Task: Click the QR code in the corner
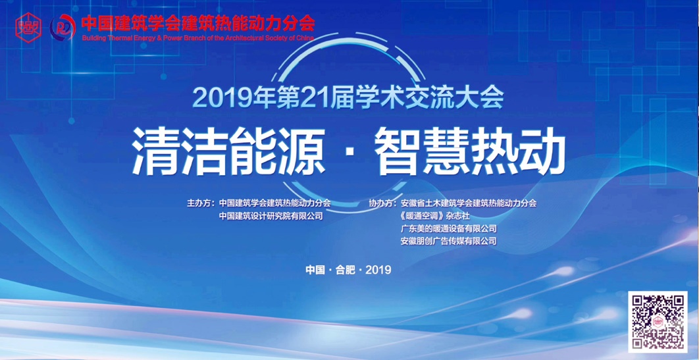[658, 321]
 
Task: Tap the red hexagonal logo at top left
[28, 27]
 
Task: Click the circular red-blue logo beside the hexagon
[63, 27]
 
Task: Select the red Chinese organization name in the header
[197, 24]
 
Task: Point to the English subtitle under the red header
[197, 38]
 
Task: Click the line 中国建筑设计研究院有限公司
[271, 216]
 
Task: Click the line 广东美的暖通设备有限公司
[448, 228]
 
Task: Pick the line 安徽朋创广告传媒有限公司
[448, 241]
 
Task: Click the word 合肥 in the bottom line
[345, 269]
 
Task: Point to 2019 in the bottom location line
[378, 269]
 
